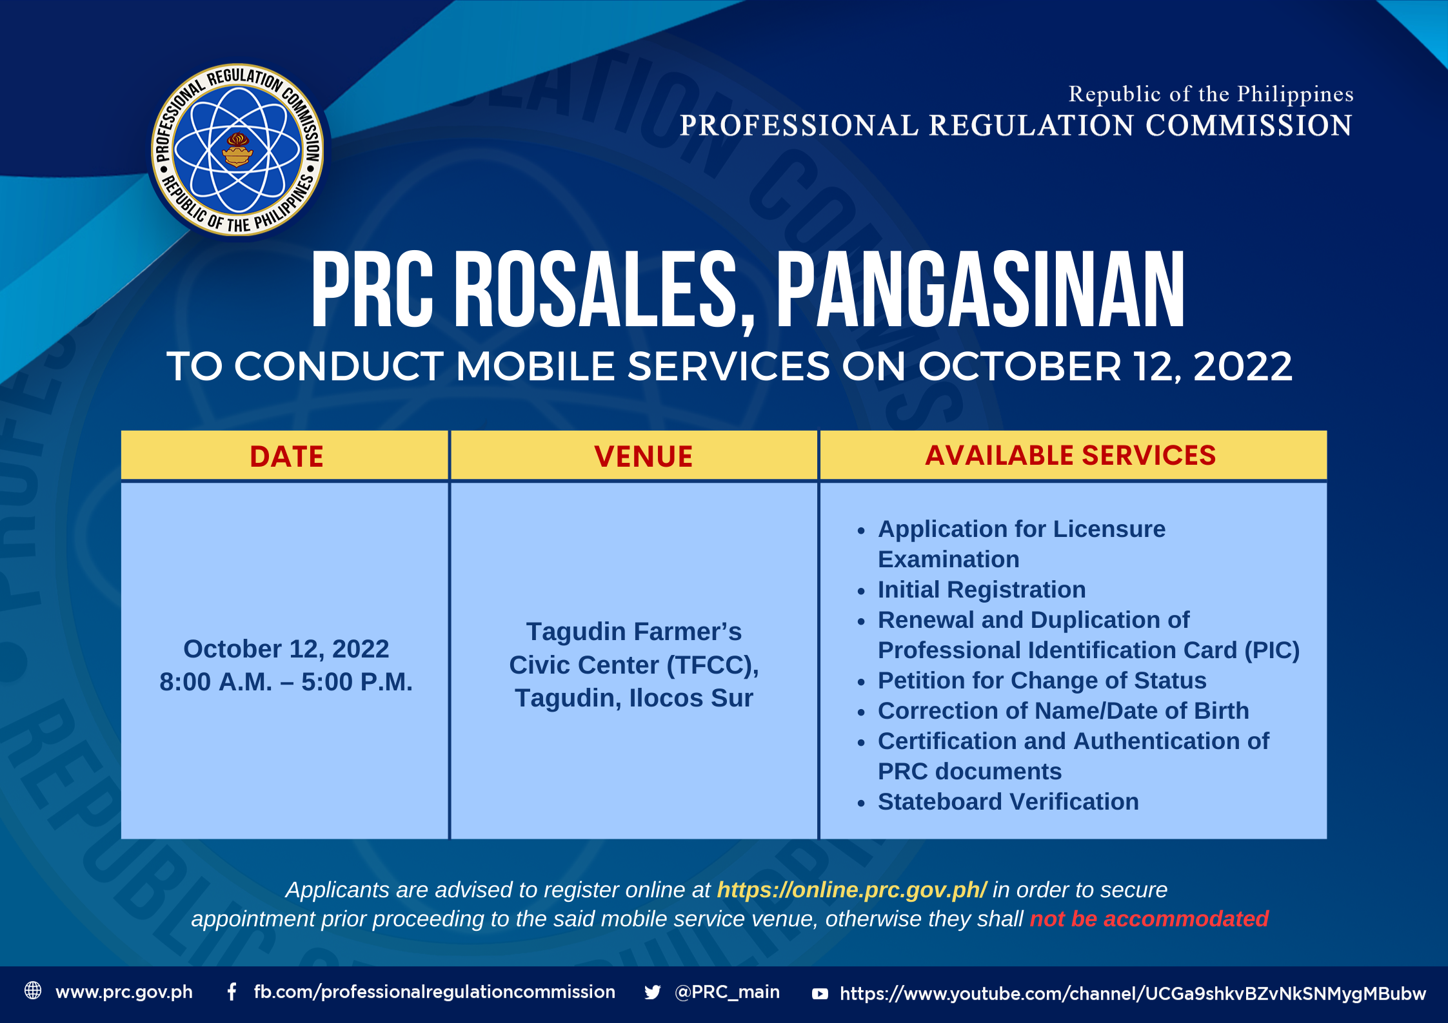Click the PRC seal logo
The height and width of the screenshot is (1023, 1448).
pos(238,150)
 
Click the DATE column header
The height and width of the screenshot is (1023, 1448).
pos(286,456)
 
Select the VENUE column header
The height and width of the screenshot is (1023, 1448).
pos(644,456)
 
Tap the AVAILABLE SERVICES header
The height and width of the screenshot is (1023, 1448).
pos(1071,455)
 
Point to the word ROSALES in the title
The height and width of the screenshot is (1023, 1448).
pos(595,291)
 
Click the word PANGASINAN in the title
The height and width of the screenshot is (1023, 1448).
pos(981,289)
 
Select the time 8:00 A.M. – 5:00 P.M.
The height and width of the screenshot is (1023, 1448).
pos(286,682)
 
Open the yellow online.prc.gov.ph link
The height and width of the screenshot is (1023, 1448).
pos(851,890)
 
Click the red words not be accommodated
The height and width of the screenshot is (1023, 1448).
pos(1149,919)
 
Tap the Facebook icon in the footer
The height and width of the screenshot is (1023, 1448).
pos(232,992)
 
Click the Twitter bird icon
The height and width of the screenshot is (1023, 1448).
pos(653,993)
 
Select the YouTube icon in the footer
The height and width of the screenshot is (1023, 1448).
pos(820,994)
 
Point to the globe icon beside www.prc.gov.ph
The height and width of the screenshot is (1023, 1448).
pos(33,991)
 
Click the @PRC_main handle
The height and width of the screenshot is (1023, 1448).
pos(727,992)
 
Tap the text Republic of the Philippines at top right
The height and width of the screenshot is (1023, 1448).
pos(1211,94)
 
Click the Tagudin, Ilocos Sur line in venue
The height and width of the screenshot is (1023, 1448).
pos(634,698)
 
